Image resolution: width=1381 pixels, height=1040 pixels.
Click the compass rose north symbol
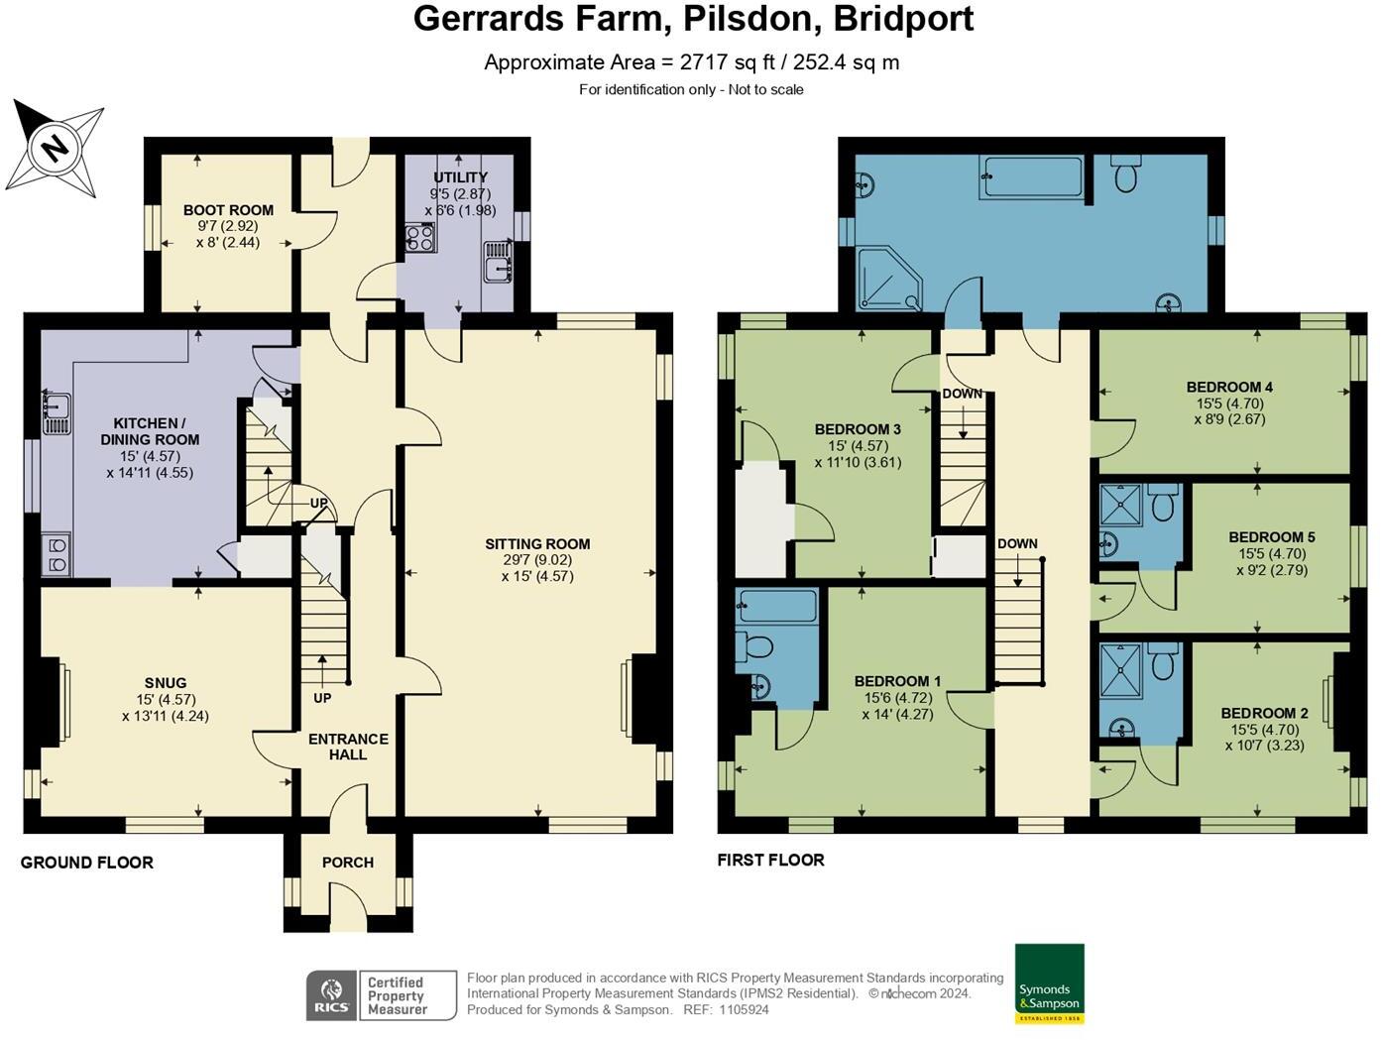click(x=56, y=149)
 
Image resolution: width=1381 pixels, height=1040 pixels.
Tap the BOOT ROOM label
click(x=228, y=210)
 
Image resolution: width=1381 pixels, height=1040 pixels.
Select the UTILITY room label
click(x=460, y=177)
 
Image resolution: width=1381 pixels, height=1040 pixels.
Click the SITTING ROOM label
click(x=537, y=543)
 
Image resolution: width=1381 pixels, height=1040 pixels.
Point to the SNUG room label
click(x=166, y=683)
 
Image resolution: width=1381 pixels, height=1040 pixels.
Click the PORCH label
click(x=348, y=863)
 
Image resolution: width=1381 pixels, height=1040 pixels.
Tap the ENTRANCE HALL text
click(x=348, y=747)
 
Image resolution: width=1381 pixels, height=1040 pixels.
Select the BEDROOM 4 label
click(x=1229, y=387)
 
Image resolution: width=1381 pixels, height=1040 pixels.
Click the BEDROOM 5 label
click(x=1271, y=537)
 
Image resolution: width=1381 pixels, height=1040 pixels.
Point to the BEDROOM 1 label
click(x=897, y=681)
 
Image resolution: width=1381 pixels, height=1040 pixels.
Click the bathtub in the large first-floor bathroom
click(x=1031, y=177)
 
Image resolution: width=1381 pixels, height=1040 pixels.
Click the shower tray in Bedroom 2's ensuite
click(x=1122, y=669)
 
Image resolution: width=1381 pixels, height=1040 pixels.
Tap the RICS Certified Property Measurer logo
click(x=381, y=994)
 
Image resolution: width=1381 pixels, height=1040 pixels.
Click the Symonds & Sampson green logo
click(x=1049, y=983)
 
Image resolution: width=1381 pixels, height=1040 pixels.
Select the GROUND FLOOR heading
click(x=87, y=863)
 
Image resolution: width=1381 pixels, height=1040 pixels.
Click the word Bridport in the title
click(x=903, y=19)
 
